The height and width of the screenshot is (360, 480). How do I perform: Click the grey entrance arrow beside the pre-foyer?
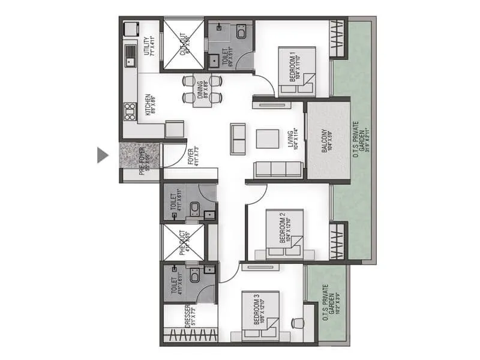[x=103, y=155]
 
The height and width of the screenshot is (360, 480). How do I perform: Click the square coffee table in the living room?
[x=268, y=139]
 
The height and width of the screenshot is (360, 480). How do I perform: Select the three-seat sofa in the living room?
[x=277, y=170]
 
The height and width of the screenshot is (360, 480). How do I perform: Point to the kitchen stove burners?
[x=130, y=111]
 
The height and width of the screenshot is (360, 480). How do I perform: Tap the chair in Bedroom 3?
[x=297, y=323]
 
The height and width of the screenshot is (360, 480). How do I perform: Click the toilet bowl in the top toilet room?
[x=241, y=33]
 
